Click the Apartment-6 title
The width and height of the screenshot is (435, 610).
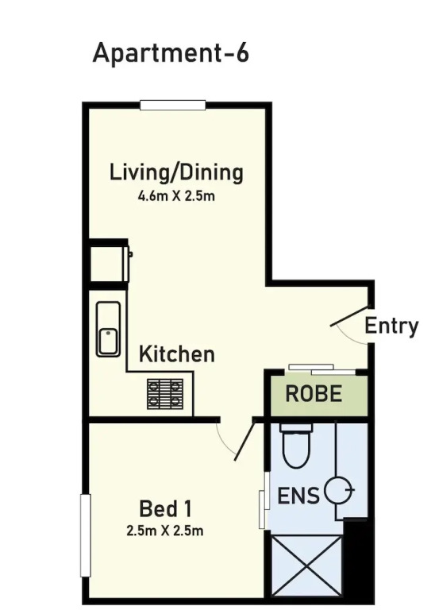point(171,53)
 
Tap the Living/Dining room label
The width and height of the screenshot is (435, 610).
point(176,172)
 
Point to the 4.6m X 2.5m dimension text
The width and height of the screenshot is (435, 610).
point(176,195)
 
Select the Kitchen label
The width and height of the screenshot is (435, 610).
point(177,354)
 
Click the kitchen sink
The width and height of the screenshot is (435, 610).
point(109,329)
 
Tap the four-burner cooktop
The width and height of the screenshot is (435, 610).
point(165,393)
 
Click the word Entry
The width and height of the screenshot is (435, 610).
point(391,326)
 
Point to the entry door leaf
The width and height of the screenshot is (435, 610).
point(350,315)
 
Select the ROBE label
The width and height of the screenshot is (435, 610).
point(314,393)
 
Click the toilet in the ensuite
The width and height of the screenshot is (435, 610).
point(297,445)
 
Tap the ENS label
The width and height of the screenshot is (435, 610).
point(298,496)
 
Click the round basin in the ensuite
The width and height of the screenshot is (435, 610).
point(338,489)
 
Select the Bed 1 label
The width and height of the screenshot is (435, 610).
point(166,509)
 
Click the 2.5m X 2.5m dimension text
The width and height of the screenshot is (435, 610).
point(165,531)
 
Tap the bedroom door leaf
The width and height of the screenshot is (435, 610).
point(244,441)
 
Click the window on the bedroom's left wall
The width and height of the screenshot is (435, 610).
point(85,535)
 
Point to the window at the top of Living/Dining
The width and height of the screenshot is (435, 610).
point(172,105)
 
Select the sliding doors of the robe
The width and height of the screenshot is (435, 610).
point(322,369)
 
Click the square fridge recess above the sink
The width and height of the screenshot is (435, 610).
point(108,264)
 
